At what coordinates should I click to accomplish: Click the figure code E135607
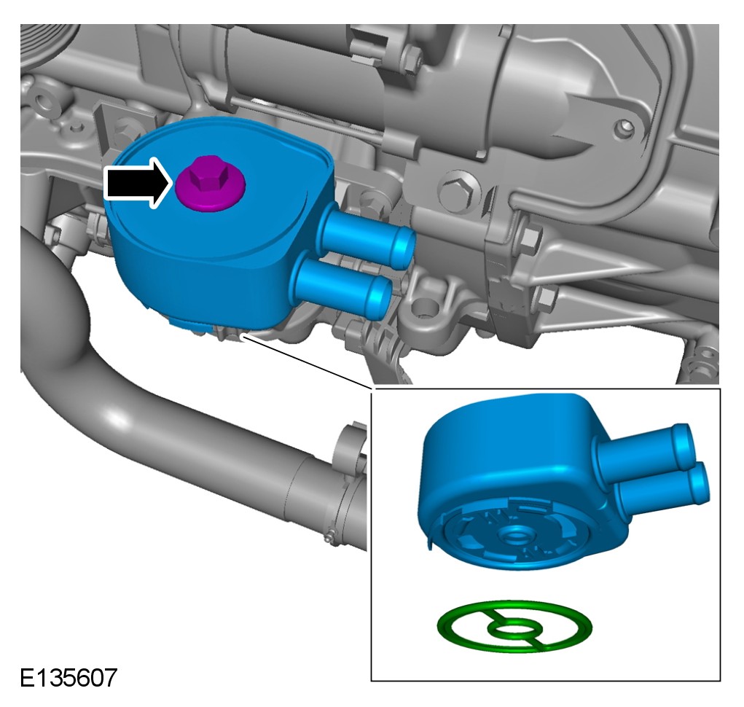68,678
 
